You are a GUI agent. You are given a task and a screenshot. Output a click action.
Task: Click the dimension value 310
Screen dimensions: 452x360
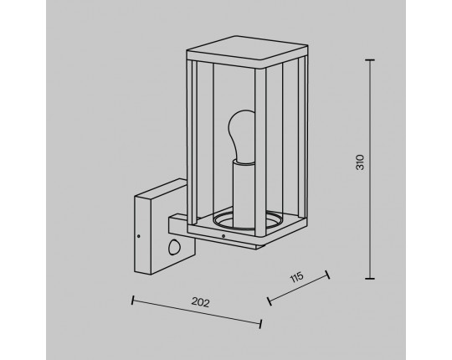(x=360, y=162)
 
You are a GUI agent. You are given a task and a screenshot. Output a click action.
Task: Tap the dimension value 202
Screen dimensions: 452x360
(x=200, y=302)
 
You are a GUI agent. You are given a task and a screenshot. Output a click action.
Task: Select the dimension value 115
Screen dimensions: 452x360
(x=296, y=277)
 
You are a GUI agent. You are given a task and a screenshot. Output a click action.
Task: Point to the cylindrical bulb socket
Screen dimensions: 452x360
(x=244, y=193)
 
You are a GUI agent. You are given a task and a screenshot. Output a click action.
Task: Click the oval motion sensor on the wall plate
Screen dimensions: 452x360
(x=173, y=247)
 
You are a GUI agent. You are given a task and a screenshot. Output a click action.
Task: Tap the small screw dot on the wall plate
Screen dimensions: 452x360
(x=139, y=236)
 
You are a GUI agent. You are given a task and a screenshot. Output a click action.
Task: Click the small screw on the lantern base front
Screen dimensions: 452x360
(x=223, y=236)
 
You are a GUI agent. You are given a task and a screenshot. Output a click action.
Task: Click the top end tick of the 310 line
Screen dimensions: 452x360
(x=370, y=60)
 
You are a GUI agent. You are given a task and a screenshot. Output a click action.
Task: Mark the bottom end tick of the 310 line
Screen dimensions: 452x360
(x=370, y=279)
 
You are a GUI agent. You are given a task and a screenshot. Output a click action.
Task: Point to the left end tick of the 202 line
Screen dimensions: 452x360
(x=132, y=300)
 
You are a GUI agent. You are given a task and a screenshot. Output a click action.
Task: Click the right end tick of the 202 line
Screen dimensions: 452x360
(x=260, y=324)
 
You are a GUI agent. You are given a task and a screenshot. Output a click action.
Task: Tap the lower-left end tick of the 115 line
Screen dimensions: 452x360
(x=270, y=301)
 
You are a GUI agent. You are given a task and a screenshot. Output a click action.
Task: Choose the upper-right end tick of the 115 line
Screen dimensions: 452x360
(x=327, y=275)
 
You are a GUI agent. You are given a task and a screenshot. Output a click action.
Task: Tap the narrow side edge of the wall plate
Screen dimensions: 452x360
(x=142, y=235)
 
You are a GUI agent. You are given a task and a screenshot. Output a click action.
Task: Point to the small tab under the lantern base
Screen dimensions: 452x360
(x=261, y=245)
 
